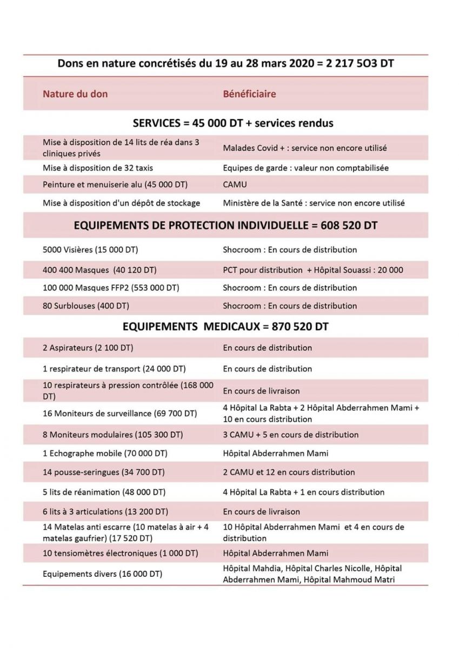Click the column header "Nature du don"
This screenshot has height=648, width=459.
click(75, 94)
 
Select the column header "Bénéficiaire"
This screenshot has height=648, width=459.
click(249, 94)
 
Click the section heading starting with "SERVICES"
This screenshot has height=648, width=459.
click(233, 123)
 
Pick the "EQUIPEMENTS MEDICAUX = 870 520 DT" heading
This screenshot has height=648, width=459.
click(225, 327)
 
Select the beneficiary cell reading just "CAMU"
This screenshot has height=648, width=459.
click(235, 185)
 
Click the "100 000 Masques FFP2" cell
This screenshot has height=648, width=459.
click(111, 288)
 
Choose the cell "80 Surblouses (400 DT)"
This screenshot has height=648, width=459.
click(86, 306)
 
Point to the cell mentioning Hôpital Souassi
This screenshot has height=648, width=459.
click(313, 270)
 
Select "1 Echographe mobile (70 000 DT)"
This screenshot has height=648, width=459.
click(104, 453)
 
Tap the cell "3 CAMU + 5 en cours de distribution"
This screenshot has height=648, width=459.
click(291, 435)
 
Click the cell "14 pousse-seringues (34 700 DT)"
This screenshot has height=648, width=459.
click(104, 472)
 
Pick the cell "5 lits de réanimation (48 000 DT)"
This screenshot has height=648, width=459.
click(104, 492)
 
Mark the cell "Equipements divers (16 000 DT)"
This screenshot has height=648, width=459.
click(103, 574)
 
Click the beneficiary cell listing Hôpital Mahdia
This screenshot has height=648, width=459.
click(312, 574)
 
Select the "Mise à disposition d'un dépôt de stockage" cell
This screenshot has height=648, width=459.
click(122, 203)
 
